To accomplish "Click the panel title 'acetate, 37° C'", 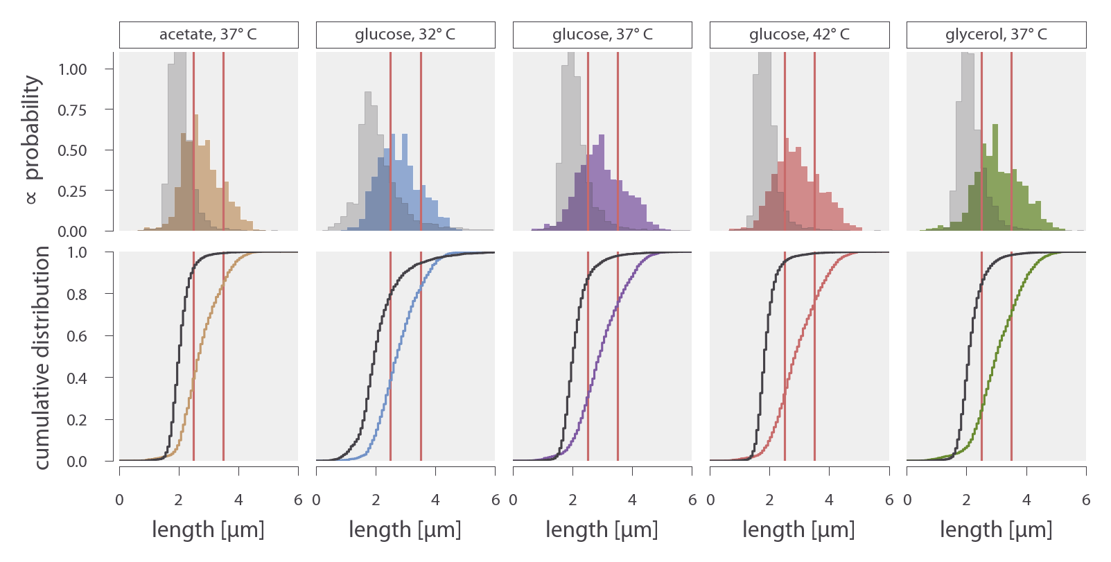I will pos(208,35).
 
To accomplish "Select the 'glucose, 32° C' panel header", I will pos(405,35).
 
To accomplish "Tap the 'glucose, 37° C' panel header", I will pos(602,35).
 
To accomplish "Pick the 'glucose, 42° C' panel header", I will pos(799,35).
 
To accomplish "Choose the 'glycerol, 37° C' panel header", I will pos(996,35).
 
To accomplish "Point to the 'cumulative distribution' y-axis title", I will pos(42,358).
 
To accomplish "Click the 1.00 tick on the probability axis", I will pos(73,69).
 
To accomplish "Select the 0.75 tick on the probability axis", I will pos(73,110).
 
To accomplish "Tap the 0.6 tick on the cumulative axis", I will pos(77,336).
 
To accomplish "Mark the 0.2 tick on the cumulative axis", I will pos(77,420).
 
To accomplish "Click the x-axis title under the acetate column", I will pos(208,530).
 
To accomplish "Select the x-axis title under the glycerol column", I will pos(996,530).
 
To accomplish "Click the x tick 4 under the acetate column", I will pos(238,500).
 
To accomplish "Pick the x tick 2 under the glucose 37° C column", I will pos(572,500).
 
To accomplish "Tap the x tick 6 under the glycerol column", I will pos(1086,500).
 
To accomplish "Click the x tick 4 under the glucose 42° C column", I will pos(829,500).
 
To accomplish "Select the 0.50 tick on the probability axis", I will pos(73,150).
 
